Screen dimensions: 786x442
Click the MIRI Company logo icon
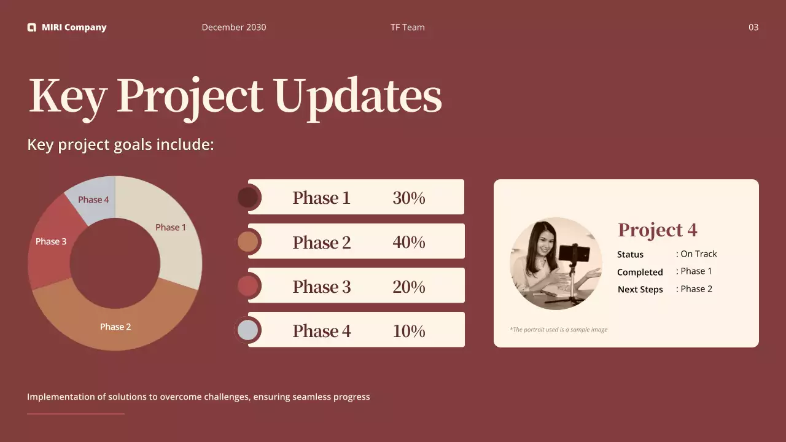[31, 28]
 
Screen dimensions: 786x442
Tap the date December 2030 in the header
[234, 28]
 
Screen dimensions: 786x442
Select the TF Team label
[407, 28]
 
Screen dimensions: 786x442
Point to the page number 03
[753, 28]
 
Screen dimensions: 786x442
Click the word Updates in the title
[357, 96]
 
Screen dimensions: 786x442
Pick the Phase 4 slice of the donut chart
[92, 200]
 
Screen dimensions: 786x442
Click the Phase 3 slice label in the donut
[51, 241]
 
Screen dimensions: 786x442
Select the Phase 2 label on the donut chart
[115, 327]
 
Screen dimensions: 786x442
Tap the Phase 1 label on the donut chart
[171, 227]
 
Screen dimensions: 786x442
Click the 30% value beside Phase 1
[409, 198]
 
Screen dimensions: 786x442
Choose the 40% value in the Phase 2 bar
[409, 242]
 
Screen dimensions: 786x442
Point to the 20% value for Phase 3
[409, 287]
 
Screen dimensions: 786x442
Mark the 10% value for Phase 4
[409, 331]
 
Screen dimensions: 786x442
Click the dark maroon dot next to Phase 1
[247, 198]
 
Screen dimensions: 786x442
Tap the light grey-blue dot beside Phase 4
[247, 330]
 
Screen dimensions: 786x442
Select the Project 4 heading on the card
[657, 230]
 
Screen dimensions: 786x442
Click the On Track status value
[699, 254]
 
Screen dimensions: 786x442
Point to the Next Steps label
[640, 289]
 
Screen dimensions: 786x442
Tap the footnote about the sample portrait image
[559, 330]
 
